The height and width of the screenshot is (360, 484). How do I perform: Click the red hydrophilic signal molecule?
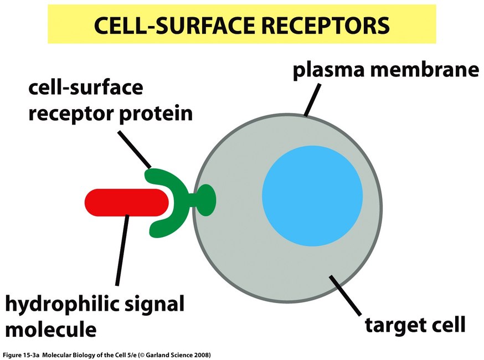pyautogui.click(x=127, y=202)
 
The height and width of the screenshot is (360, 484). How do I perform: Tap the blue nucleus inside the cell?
pyautogui.click(x=312, y=196)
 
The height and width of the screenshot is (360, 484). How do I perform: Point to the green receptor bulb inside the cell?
pyautogui.click(x=205, y=200)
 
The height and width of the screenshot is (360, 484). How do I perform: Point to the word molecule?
pyautogui.click(x=51, y=329)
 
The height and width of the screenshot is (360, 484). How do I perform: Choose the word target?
pyautogui.click(x=394, y=325)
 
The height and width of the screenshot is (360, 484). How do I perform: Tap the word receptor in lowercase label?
pyautogui.click(x=71, y=114)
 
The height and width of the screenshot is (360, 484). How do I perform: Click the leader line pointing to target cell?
pyautogui.click(x=345, y=295)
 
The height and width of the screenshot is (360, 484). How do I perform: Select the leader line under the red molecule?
pyautogui.click(x=122, y=250)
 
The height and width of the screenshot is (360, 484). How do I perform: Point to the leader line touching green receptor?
pyautogui.click(x=135, y=150)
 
